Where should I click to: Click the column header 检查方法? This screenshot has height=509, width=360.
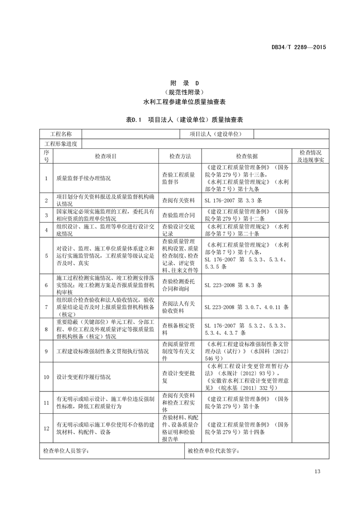[180, 156]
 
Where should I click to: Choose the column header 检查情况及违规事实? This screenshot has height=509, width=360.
[310, 156]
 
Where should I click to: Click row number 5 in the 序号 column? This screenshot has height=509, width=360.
[46, 256]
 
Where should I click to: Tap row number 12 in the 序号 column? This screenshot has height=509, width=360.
[46, 428]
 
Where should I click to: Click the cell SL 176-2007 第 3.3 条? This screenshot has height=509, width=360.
[233, 200]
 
